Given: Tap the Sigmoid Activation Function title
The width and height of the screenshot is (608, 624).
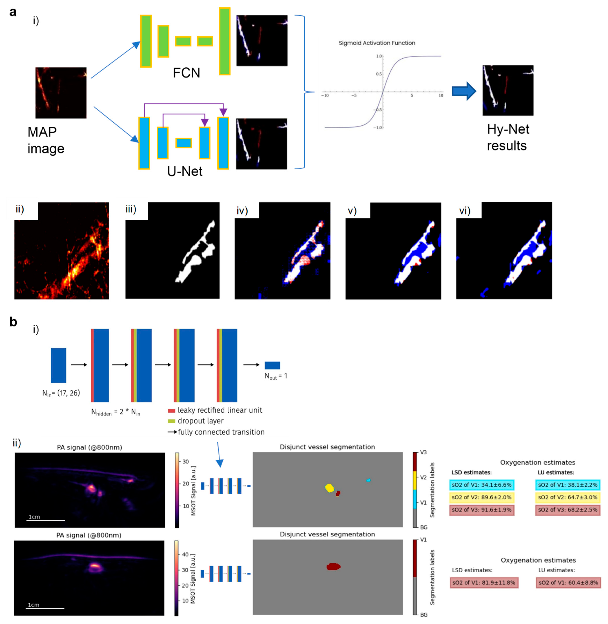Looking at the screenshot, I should [x=377, y=43].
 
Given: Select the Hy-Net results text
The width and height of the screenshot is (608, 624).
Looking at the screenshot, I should [x=508, y=137].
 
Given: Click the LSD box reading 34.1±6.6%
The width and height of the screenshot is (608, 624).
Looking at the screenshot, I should [x=482, y=485].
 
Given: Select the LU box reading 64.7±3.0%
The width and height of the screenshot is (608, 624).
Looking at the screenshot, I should [x=567, y=497].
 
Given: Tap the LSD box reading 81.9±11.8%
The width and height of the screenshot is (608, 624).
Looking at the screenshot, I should [x=484, y=582].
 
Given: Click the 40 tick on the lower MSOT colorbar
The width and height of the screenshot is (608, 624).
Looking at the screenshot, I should [x=185, y=554].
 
